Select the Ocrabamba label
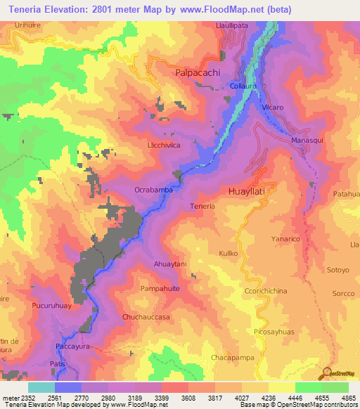(x=153, y=190)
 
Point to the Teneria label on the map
(x=202, y=206)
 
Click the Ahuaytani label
(x=169, y=264)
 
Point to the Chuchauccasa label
(x=146, y=317)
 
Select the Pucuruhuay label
(x=52, y=308)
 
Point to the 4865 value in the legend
(x=349, y=396)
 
